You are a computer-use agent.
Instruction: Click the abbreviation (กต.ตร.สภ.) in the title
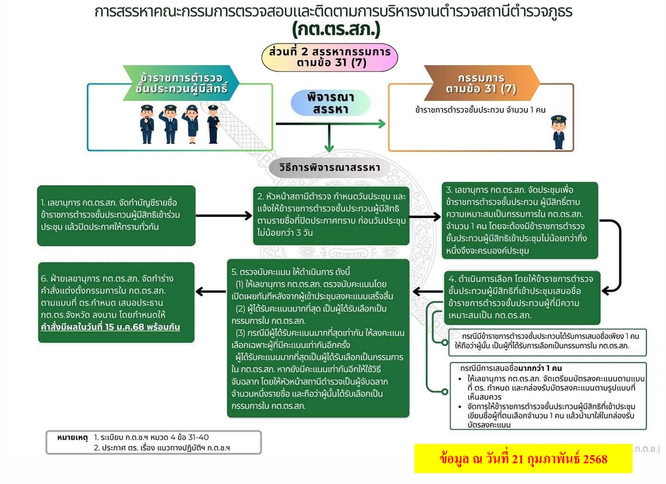coord(336,29)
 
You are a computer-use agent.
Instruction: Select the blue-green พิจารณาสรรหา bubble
coord(330,103)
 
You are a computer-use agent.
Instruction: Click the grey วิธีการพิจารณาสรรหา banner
coord(329,168)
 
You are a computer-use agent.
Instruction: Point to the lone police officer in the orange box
coord(559,132)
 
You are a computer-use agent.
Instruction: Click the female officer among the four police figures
coord(192,124)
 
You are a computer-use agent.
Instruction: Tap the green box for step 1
coord(116,215)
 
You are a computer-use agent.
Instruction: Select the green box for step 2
coord(331,215)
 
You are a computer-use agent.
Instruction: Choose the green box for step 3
coord(520,220)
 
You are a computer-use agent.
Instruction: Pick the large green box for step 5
coord(318,338)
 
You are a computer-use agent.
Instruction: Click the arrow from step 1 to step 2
coord(224,216)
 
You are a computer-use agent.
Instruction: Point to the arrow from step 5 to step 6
coord(211,292)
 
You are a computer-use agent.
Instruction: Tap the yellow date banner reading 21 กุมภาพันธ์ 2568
coord(523,459)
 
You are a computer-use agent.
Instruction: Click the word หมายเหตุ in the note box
coord(72,437)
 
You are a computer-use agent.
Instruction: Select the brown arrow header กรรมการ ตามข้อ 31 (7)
coord(481,83)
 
